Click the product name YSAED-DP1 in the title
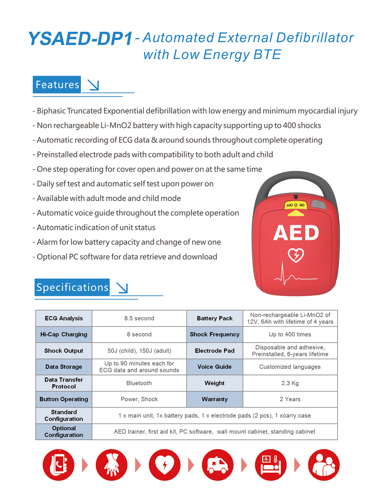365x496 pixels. click(x=80, y=39)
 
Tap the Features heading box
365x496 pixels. click(x=57, y=84)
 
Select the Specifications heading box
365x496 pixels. click(x=72, y=287)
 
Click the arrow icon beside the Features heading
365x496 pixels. click(x=93, y=85)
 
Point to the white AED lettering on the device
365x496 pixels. click(x=296, y=233)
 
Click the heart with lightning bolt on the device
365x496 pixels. click(x=296, y=255)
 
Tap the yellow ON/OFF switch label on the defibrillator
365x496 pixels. click(x=295, y=205)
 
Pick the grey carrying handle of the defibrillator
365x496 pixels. click(x=295, y=180)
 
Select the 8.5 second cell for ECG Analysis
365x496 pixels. click(x=139, y=318)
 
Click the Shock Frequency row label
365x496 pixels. click(x=214, y=335)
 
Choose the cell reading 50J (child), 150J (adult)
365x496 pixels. click(x=139, y=351)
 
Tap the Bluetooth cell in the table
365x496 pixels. click(x=139, y=383)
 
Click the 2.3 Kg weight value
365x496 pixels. click(x=290, y=383)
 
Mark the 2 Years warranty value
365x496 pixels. click(x=290, y=399)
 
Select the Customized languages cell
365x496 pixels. click(x=290, y=367)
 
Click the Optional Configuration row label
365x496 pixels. click(x=64, y=431)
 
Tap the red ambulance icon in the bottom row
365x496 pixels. click(x=217, y=465)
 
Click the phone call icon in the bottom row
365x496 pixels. click(x=58, y=465)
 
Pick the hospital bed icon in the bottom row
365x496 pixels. click(x=271, y=465)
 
